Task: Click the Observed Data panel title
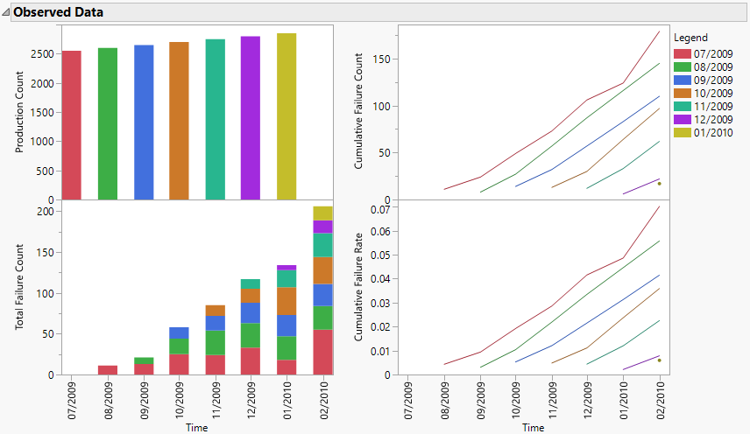tap(59, 13)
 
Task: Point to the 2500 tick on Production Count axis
tap(42, 53)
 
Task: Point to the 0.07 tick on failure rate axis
tap(379, 210)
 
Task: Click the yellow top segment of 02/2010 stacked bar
tap(322, 213)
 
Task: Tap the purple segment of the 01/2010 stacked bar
tap(287, 268)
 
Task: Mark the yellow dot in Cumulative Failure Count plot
tap(659, 183)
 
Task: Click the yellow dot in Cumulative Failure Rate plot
tap(659, 360)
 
